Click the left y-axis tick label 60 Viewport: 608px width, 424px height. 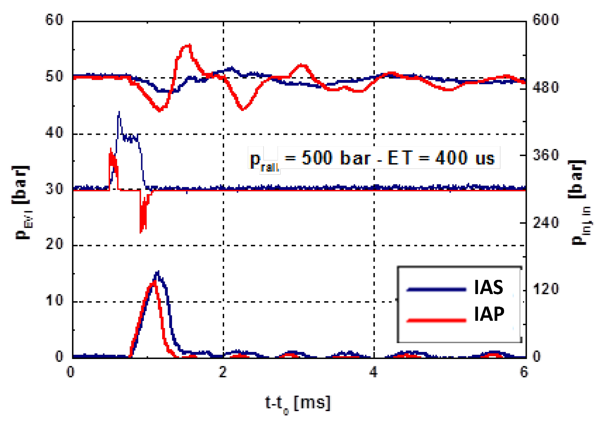[x=54, y=20]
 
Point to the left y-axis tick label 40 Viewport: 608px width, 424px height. [x=54, y=132]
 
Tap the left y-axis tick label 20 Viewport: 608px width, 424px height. [x=54, y=244]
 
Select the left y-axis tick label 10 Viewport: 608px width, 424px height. [x=54, y=300]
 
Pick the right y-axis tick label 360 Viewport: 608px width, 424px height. [x=545, y=155]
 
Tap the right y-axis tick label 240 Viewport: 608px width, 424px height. [x=545, y=223]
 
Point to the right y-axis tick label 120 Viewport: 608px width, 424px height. [x=545, y=289]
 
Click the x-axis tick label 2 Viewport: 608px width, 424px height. [x=222, y=372]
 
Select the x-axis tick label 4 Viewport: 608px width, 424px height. [x=373, y=372]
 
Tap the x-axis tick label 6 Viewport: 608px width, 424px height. [x=524, y=372]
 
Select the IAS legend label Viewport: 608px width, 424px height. [x=488, y=287]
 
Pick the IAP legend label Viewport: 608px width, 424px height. [x=489, y=314]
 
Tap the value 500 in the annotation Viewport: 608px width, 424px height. [x=317, y=158]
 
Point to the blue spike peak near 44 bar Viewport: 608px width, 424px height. [x=119, y=112]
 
